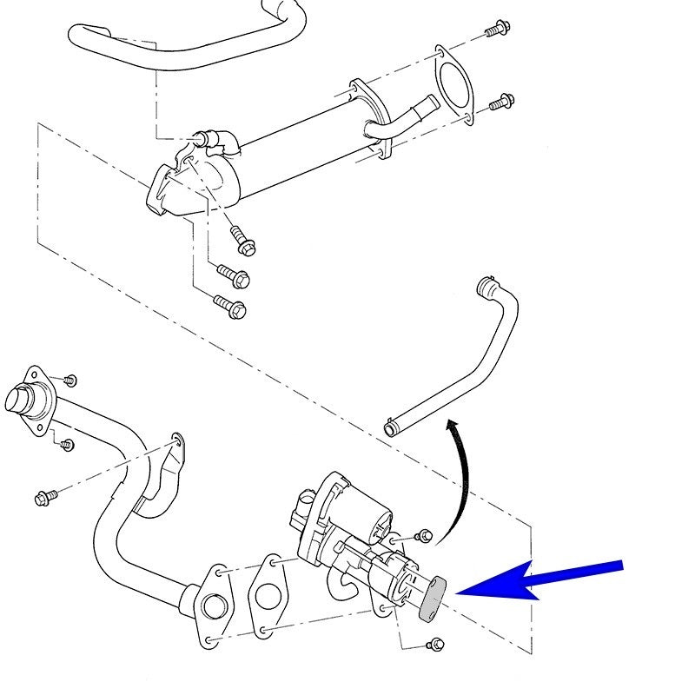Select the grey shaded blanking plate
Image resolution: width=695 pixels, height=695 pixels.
433,599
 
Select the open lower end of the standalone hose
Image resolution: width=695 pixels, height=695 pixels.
393,427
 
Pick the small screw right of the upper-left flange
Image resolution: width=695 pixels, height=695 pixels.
70,380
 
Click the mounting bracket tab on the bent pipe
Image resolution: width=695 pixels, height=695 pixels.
175,445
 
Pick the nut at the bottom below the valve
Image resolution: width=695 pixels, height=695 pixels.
436,645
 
